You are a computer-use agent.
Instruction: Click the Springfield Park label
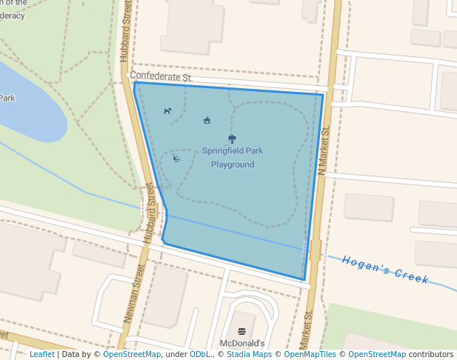[x=233, y=151]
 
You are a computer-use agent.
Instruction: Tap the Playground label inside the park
[x=233, y=164]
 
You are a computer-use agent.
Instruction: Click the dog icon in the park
[x=167, y=111]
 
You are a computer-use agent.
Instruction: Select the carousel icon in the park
[x=207, y=120]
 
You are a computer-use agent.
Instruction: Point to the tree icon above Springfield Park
[x=233, y=139]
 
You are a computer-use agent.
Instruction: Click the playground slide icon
[x=176, y=158]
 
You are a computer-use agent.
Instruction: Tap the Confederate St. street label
[x=161, y=76]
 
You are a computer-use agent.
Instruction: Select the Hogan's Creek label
[x=385, y=270]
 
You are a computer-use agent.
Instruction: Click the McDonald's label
[x=242, y=343]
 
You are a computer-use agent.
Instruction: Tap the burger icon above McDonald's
[x=242, y=330]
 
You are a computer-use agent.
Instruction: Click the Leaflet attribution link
[x=41, y=354]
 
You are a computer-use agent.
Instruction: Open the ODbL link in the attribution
[x=200, y=354]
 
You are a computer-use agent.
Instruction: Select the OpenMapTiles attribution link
[x=307, y=354]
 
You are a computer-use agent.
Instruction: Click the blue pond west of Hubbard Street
[x=30, y=104]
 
